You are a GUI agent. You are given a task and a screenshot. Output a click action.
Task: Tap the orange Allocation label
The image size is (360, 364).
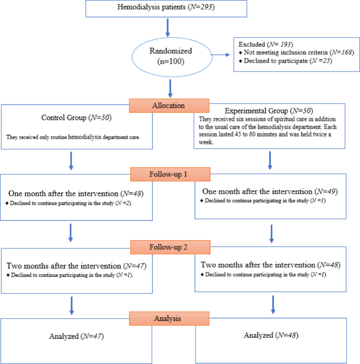pos(169,105)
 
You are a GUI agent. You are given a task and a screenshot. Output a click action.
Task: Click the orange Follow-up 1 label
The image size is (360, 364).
pos(169,174)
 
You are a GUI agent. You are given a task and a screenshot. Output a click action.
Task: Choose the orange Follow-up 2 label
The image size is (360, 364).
pos(169,246)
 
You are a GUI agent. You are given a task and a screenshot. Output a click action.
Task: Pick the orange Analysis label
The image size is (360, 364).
pos(169,318)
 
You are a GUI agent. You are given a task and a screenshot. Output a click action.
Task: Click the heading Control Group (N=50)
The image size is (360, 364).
pos(77,117)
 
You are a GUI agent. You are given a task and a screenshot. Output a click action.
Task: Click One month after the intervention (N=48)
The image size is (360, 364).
pos(75,194)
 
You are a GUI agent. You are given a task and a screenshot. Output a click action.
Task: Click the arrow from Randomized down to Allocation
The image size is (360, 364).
pos(169,86)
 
